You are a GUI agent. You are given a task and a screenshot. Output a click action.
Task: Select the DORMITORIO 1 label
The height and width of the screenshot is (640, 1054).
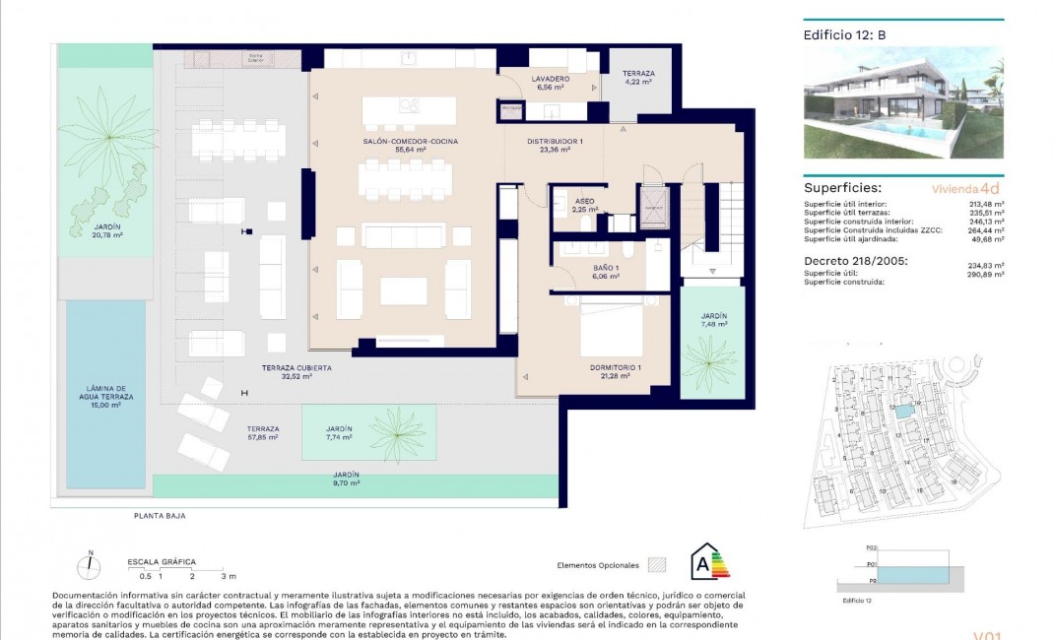coord(616,368)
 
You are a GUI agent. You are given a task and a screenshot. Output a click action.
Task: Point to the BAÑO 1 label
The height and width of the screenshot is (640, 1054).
coord(605,268)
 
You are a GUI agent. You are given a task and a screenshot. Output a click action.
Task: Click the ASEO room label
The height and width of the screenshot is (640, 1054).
coord(584,200)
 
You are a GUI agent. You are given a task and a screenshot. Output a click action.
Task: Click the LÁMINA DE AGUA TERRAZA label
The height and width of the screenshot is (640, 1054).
coord(108,392)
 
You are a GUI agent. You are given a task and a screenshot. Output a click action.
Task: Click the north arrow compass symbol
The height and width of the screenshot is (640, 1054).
coord(90,566)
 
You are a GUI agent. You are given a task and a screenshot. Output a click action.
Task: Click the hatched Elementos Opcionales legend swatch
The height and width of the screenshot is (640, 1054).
coord(658,565)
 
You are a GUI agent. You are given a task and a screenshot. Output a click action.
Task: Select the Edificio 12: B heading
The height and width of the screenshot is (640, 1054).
coord(845,34)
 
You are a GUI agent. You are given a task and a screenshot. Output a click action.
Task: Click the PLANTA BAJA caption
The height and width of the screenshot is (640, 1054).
coord(160,515)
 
